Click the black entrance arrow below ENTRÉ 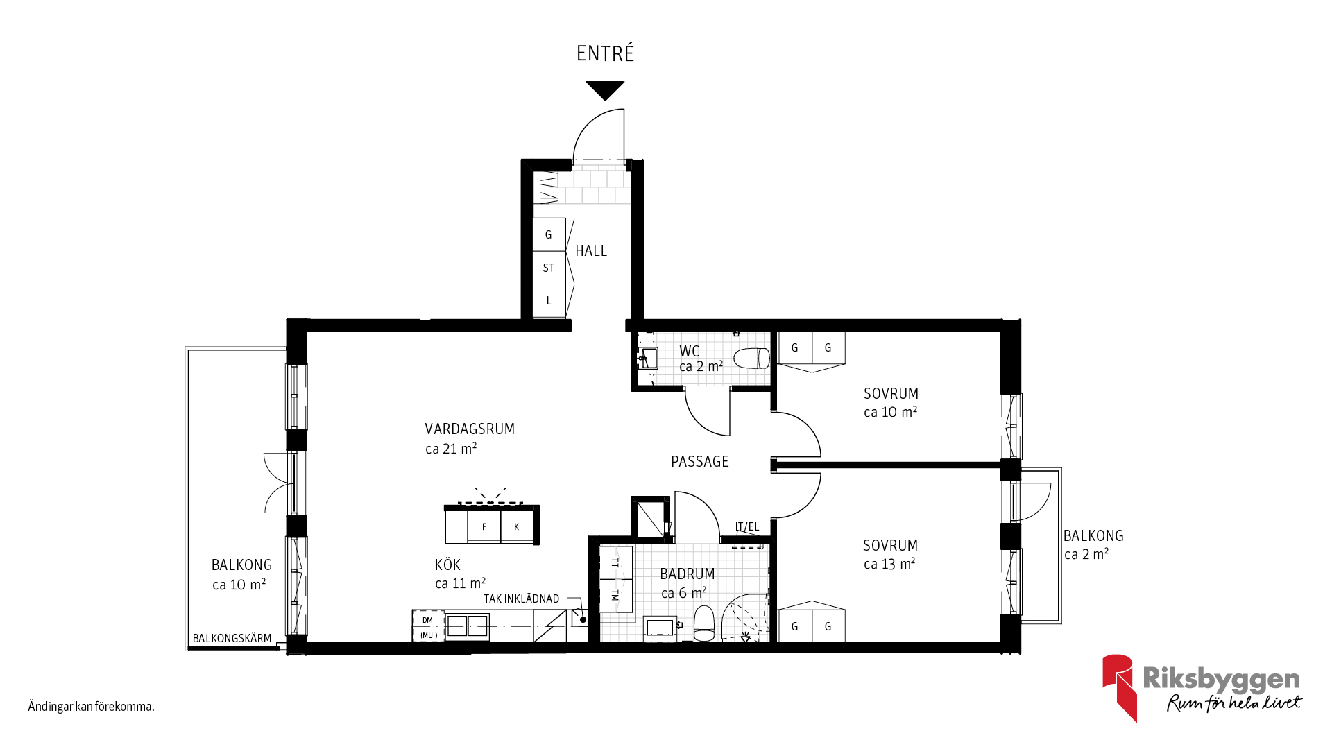tap(605, 90)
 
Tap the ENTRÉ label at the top tap(606, 53)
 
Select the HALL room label tap(591, 251)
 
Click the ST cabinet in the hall tap(549, 268)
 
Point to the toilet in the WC tap(752, 359)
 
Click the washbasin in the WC tap(648, 359)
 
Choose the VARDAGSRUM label tap(470, 429)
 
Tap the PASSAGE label tap(700, 462)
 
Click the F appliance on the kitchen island tap(484, 527)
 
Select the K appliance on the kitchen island tap(517, 527)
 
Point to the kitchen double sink tap(468, 626)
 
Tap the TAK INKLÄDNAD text tap(522, 599)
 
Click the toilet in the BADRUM tap(704, 623)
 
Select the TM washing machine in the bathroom tap(615, 595)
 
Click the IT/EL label tap(747, 527)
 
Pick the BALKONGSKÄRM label tap(232, 638)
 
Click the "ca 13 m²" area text tap(889, 564)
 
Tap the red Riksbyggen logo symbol tap(1119, 687)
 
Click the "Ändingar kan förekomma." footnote tap(91, 707)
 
